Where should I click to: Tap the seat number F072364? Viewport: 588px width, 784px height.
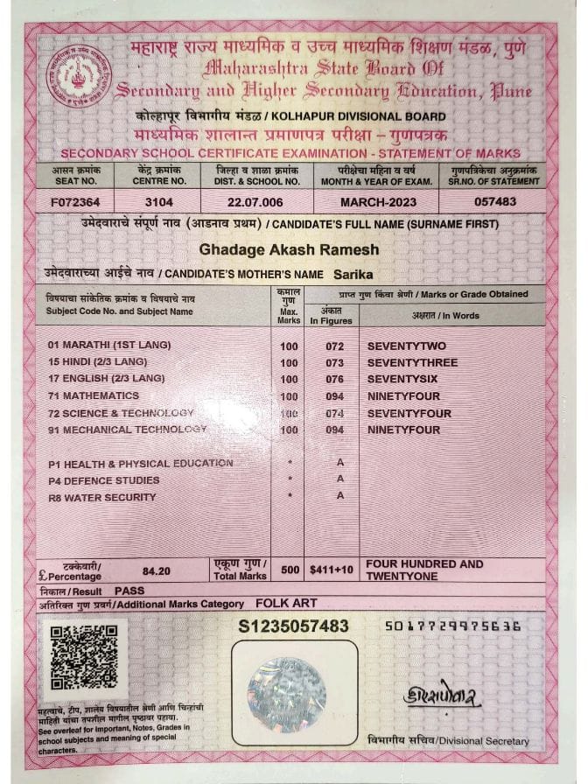tap(76, 202)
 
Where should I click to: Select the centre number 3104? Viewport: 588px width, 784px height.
tap(159, 202)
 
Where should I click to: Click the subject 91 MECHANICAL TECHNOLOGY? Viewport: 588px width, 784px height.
tap(128, 430)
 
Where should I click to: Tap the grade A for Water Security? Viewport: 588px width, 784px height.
tap(340, 496)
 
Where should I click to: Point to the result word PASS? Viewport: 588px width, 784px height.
tap(129, 591)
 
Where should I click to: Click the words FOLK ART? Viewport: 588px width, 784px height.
tap(284, 604)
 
